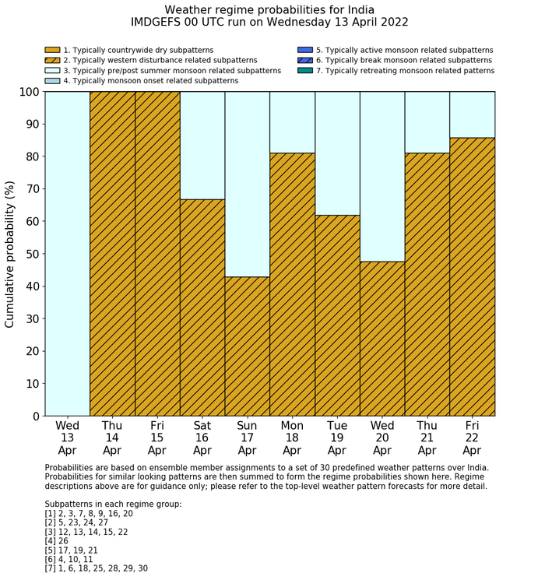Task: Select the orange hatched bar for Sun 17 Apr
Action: click(x=248, y=346)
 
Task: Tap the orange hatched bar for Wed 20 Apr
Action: click(x=382, y=339)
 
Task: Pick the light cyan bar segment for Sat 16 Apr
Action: click(x=202, y=146)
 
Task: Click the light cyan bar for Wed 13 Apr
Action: click(x=67, y=254)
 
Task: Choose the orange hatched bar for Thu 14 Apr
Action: click(x=112, y=254)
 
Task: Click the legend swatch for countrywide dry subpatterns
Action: click(x=52, y=50)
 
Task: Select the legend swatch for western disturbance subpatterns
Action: click(x=52, y=60)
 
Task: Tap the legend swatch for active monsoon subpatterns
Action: click(x=305, y=50)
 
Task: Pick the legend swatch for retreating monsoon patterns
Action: click(x=305, y=70)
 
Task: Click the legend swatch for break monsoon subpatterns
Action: click(x=305, y=60)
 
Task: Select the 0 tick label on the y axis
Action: click(x=35, y=417)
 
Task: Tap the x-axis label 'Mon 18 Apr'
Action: click(x=292, y=438)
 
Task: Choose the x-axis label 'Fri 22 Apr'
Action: click(x=473, y=438)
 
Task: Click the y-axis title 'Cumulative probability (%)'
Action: click(x=10, y=254)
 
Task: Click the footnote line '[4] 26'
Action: click(x=60, y=540)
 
